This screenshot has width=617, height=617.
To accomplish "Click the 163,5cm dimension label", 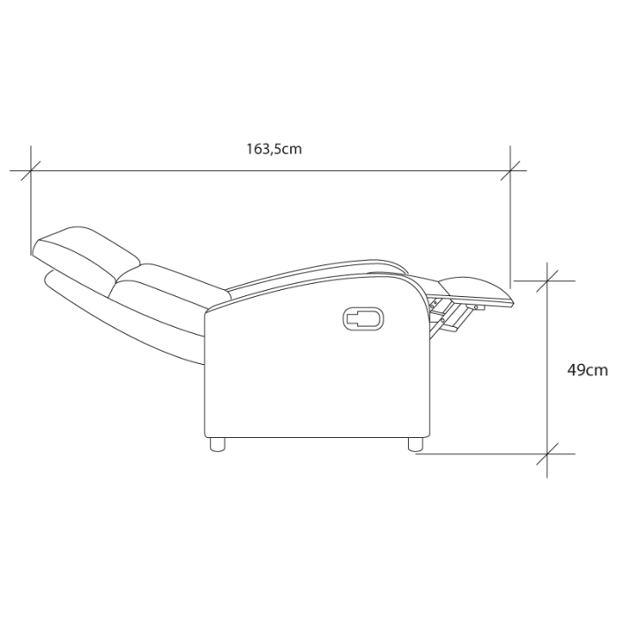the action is click(274, 150).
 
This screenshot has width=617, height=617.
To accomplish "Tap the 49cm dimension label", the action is click(588, 370).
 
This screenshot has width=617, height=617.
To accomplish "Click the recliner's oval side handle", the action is click(363, 318).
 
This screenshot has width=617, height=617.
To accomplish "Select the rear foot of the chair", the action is click(217, 444).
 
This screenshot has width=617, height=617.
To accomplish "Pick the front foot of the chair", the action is click(415, 444).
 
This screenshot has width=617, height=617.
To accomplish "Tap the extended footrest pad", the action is click(476, 291).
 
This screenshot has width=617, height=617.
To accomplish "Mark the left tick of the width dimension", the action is click(31, 171).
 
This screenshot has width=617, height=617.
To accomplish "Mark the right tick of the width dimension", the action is click(510, 171).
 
